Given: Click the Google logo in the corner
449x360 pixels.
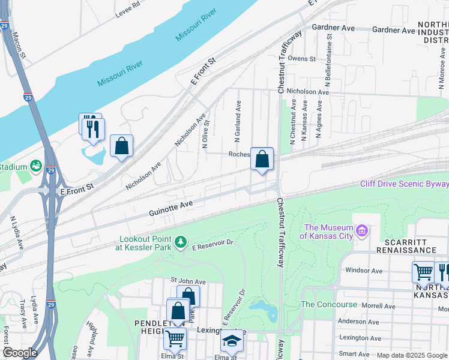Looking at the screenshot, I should [x=19, y=353].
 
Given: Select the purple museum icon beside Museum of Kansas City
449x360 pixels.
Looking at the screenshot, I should [x=361, y=230].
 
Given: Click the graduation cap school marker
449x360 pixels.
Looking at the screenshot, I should [x=232, y=341].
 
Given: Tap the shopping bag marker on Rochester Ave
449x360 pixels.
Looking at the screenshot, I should [x=262, y=160].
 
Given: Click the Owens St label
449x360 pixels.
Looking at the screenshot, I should [x=301, y=58].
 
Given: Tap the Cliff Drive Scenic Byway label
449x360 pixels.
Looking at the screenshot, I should [x=404, y=184].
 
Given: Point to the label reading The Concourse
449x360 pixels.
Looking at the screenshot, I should [x=329, y=304].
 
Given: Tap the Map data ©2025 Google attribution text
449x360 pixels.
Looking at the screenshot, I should [x=412, y=355].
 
